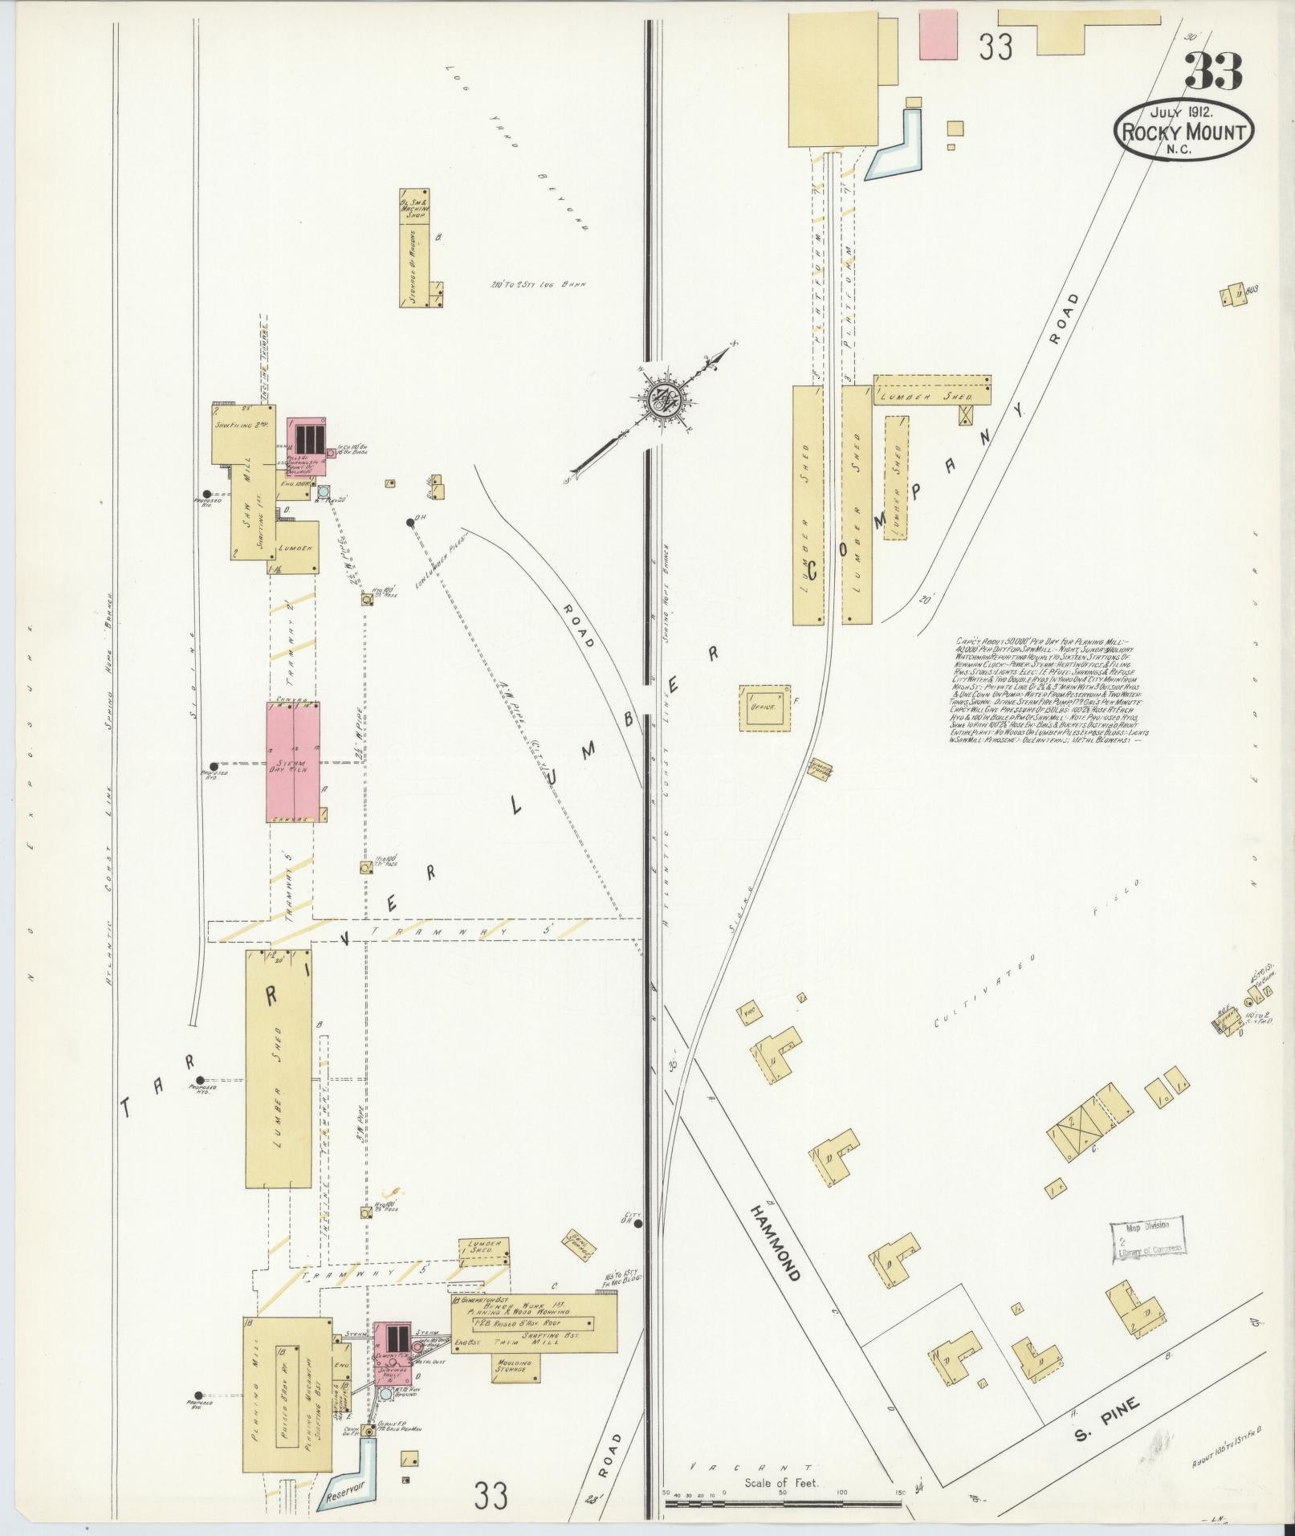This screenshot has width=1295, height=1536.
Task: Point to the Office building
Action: [765, 707]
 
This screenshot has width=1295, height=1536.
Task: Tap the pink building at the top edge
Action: [939, 34]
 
